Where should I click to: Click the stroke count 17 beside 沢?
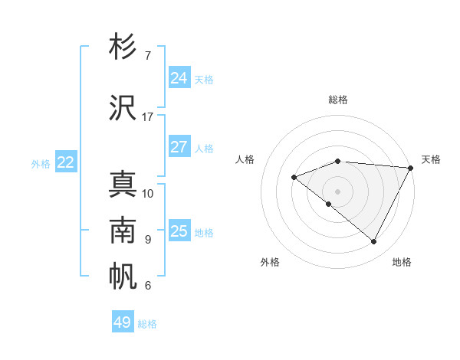tap(148, 117)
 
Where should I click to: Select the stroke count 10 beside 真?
tap(148, 193)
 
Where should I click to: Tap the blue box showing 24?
tap(179, 78)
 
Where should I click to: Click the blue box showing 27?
tap(179, 147)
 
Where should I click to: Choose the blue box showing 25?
tap(179, 231)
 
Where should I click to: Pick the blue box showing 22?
tap(65, 162)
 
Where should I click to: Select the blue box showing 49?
tap(122, 322)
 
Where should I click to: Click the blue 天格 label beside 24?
tap(204, 80)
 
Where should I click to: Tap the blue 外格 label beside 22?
tap(41, 164)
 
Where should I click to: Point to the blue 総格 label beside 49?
tap(147, 324)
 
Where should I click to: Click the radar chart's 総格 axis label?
tap(337, 100)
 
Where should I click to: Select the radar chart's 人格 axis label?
tap(245, 159)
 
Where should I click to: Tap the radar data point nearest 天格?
tap(411, 168)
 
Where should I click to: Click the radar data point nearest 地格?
tap(373, 242)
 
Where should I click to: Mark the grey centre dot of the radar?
tap(337, 191)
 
